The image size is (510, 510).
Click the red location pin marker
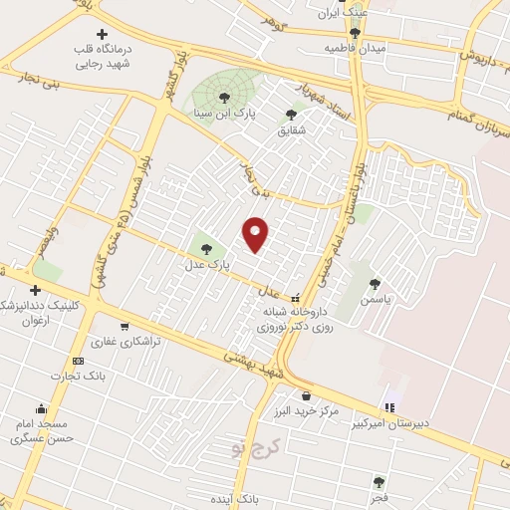tap(255, 232)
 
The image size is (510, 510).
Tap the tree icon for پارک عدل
tap(206, 249)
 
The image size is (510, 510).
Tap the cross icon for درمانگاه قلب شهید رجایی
tap(102, 34)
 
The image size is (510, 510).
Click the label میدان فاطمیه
tap(355, 48)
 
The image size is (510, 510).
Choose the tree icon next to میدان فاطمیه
tap(355, 33)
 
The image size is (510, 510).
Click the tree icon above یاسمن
tap(375, 283)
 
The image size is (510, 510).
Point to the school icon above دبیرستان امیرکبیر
tap(389, 406)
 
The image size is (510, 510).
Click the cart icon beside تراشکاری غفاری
tap(125, 326)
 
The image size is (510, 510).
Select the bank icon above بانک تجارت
tap(78, 361)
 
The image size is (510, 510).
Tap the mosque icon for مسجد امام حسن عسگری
tap(41, 407)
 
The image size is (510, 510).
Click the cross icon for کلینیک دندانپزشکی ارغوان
tap(35, 290)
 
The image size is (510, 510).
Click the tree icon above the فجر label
tap(379, 479)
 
